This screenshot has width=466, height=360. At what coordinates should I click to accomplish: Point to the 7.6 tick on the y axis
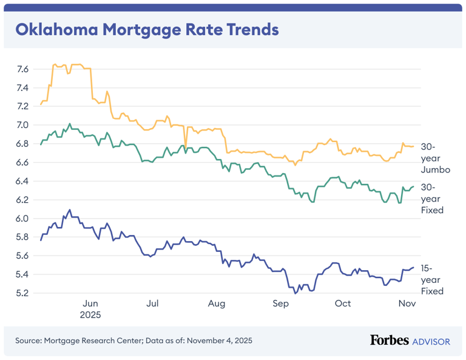point(22,69)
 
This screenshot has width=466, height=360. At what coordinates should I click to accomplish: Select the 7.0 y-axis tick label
point(22,125)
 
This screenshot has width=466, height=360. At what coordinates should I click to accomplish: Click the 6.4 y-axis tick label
point(22,181)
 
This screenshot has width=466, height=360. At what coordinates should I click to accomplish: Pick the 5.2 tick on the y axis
point(22,293)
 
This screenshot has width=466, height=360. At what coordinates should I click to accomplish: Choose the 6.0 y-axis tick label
point(22,219)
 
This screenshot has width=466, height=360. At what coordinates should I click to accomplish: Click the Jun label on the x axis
point(90,304)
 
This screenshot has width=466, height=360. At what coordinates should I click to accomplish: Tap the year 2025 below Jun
point(90,315)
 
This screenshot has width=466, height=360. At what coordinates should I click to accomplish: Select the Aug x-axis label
point(216,304)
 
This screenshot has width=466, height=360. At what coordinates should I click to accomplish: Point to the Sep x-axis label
point(280,304)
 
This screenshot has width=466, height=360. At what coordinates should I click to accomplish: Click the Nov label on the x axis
point(405,304)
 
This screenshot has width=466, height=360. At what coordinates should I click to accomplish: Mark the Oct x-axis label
point(343,304)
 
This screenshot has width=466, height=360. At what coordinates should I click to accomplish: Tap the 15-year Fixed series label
point(433,279)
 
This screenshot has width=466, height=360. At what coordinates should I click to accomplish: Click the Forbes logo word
point(390,341)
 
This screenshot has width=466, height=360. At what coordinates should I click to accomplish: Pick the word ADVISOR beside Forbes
point(431,341)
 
